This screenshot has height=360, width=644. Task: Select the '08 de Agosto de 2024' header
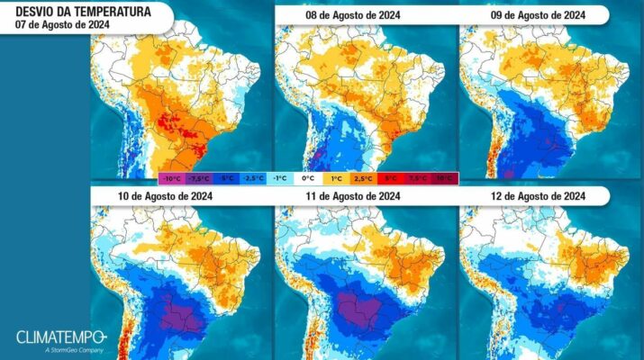[x=340, y=15]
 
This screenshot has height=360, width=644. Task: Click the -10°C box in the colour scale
[x=173, y=178]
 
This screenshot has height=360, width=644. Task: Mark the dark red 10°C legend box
[x=444, y=178]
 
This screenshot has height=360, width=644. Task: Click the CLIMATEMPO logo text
[x=59, y=337]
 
